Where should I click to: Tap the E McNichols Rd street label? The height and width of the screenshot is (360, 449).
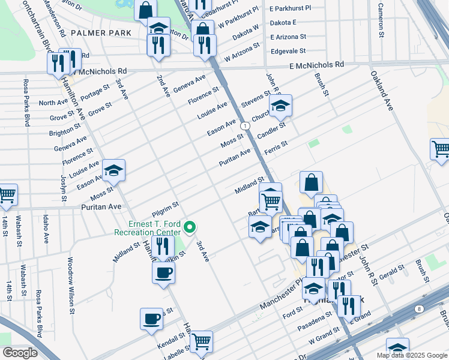pos(316,64)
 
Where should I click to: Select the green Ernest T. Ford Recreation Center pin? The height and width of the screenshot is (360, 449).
pos(190,227)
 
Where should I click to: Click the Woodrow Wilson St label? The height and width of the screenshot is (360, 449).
pos(70,286)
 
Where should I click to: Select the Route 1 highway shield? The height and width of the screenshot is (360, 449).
pos(246,126)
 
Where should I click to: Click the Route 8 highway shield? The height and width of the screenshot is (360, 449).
pos(418,308)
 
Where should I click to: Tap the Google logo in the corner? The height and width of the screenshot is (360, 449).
pos(20,353)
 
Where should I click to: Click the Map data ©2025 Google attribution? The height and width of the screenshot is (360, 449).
pos(411,355)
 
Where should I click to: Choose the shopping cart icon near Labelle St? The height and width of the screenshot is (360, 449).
pos(202,341)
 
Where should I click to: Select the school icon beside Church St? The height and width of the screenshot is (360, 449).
pos(280,106)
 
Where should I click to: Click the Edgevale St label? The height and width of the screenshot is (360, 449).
pos(288,52)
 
